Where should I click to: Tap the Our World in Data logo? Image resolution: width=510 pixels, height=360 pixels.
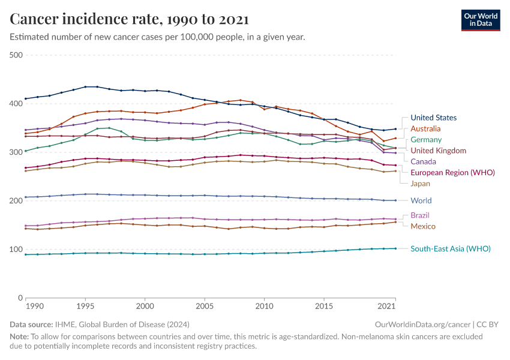coord(480,19)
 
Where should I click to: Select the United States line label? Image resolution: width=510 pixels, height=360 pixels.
coord(433,118)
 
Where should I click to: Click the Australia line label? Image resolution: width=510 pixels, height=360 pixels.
coord(425,128)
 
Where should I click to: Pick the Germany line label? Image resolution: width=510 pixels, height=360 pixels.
coord(425,140)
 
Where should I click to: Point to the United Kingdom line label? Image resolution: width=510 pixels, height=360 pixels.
coord(437,151)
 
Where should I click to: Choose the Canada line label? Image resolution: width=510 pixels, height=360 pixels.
coord(423,161)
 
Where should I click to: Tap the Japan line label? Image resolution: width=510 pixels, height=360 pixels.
coord(421,183)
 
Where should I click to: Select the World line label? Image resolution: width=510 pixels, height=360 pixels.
coord(421,200)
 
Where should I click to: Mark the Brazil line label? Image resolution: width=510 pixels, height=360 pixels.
coord(420,215)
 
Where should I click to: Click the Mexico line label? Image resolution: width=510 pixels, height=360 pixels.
coord(422,226)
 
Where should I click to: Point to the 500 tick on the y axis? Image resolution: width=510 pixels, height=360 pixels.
coord(16,55)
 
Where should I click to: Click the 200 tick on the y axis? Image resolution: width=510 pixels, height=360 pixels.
coord(16,200)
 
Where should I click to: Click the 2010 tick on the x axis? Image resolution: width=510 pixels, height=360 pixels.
coord(264,306)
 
